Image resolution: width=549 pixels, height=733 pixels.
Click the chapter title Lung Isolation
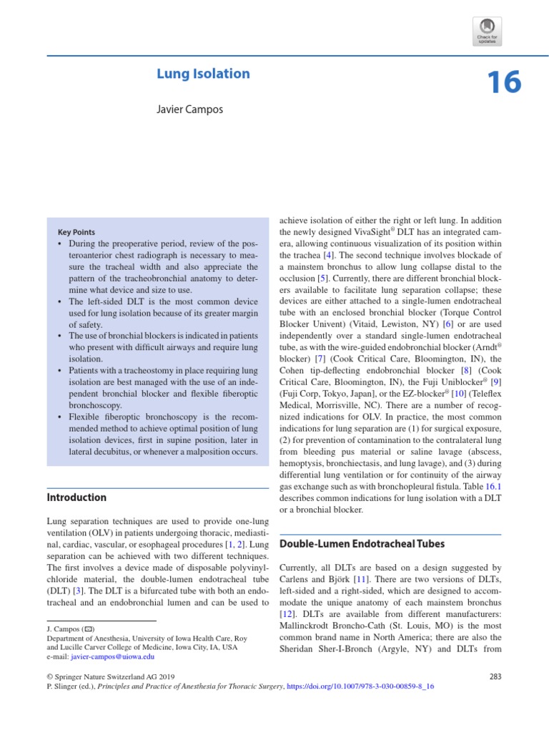point(203,74)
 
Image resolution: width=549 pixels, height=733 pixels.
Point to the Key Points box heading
point(76,233)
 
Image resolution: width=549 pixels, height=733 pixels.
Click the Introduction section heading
point(76,497)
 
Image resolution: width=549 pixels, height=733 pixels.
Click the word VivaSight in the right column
point(377,233)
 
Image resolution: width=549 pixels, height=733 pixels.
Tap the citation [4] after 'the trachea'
point(327,256)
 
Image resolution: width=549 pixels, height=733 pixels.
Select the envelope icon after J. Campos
point(89,628)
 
